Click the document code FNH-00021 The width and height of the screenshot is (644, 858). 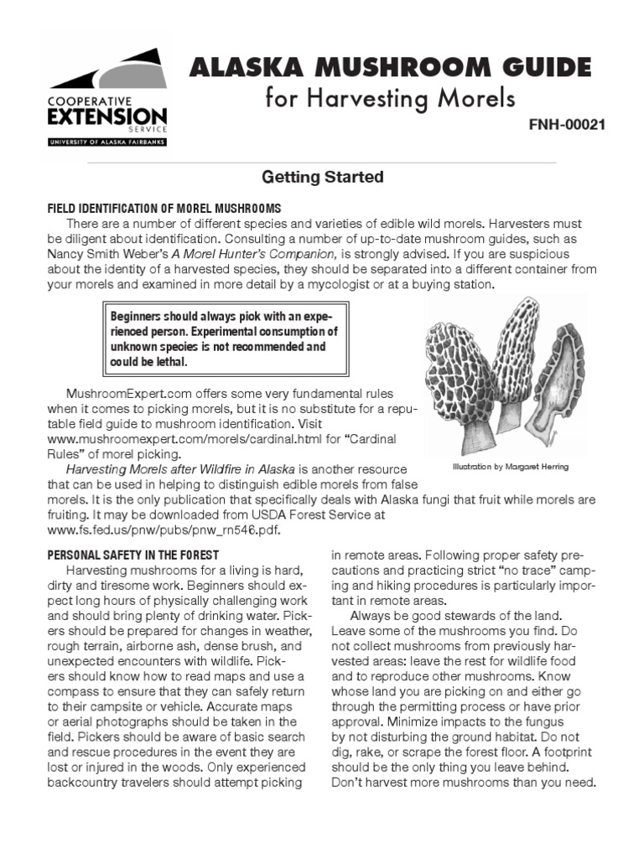(567, 125)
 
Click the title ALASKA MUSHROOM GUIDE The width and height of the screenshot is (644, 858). (390, 66)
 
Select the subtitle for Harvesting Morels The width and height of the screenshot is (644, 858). (390, 99)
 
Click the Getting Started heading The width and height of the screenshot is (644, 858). (323, 178)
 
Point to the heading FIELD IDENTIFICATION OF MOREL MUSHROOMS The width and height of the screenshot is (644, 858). (164, 208)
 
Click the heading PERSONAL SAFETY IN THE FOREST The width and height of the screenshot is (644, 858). (133, 555)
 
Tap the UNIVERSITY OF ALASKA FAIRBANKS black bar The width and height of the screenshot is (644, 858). (106, 142)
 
